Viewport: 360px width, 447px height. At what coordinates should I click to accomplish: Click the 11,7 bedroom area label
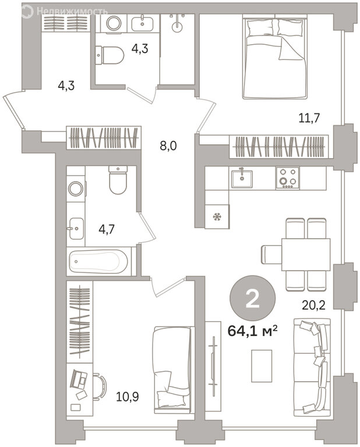(x=309, y=118)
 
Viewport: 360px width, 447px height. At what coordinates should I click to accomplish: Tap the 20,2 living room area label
(x=314, y=306)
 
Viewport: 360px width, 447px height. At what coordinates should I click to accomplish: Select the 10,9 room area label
(x=128, y=396)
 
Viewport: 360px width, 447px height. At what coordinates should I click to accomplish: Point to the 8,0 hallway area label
(x=168, y=146)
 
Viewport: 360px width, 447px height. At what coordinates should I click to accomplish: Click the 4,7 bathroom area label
(x=107, y=229)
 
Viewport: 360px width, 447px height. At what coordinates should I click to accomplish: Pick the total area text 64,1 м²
(x=253, y=331)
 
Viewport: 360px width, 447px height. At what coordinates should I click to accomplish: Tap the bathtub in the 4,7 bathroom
(x=98, y=261)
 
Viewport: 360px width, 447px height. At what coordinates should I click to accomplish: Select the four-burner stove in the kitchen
(x=287, y=178)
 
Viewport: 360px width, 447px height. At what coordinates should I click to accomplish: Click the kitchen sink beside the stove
(x=242, y=179)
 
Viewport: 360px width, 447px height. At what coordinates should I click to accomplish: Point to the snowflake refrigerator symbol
(x=217, y=217)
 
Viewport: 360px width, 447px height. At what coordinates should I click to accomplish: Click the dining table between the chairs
(x=306, y=254)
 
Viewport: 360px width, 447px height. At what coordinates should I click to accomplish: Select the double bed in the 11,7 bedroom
(x=275, y=58)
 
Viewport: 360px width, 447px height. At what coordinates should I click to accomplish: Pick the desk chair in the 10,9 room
(x=99, y=386)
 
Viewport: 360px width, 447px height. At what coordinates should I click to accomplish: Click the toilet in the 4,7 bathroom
(x=118, y=180)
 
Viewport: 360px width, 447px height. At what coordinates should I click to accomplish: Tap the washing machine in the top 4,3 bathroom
(x=114, y=23)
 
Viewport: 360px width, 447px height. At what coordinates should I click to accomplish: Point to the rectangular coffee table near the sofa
(x=262, y=366)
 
